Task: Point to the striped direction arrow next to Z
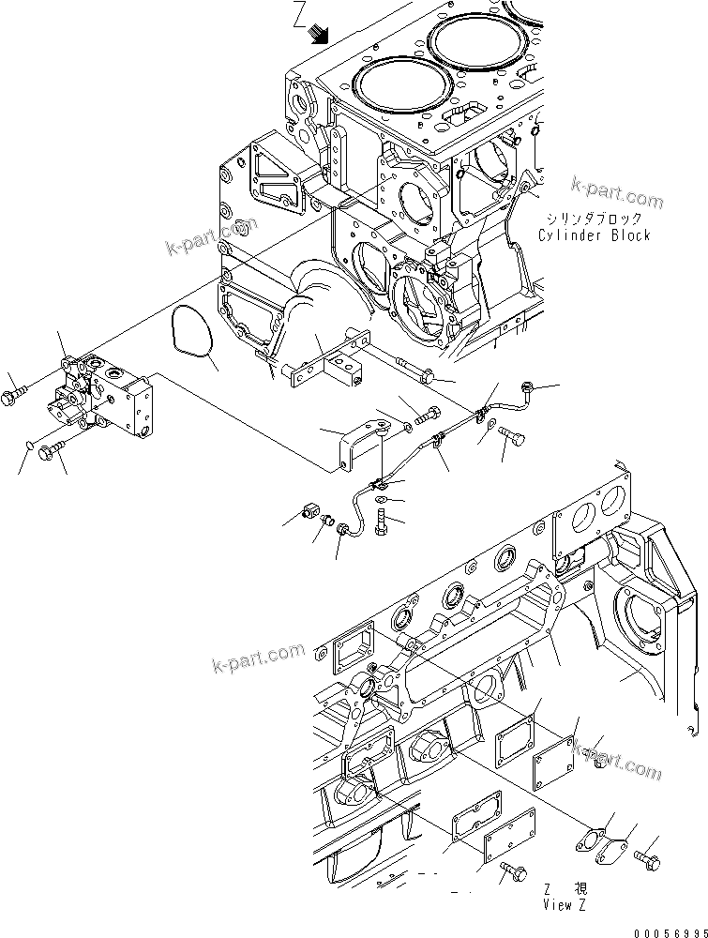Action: [321, 35]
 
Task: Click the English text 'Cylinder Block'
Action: [594, 235]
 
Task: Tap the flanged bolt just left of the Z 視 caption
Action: [511, 870]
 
